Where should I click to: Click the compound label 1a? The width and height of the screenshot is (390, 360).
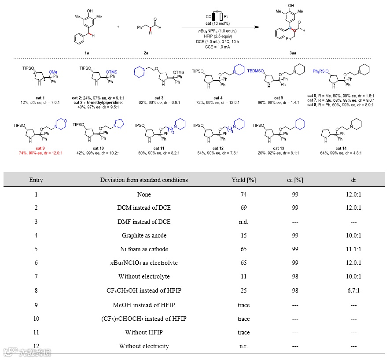[x=87, y=52]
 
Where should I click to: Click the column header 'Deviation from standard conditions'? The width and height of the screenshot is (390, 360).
[x=144, y=180]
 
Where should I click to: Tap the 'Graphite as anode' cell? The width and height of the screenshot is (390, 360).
[x=144, y=235]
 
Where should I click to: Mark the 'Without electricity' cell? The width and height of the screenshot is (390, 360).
[x=144, y=346]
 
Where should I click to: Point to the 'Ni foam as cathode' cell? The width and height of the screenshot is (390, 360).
[x=144, y=249]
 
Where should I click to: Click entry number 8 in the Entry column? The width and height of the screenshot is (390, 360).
[x=36, y=291]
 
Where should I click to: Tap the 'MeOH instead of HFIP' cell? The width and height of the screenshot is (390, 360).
[x=144, y=304]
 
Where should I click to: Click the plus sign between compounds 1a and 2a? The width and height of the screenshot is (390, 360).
[x=118, y=27]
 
